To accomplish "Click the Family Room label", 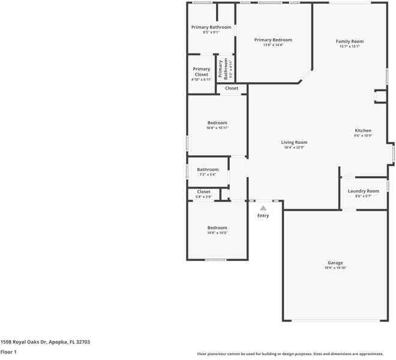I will [x=349, y=41].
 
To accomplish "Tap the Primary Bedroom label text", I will [x=272, y=40].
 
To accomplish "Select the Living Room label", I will [x=294, y=142].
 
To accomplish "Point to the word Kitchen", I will [x=363, y=130].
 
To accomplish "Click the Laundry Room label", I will [x=364, y=191].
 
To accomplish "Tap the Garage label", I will [x=335, y=263].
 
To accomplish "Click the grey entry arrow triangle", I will [x=263, y=208].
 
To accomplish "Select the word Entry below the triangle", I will [x=263, y=215].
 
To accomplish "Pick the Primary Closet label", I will [x=202, y=72].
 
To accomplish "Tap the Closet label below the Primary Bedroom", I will [x=232, y=88].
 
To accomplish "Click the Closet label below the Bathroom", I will [x=203, y=191].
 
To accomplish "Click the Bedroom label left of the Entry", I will [x=217, y=227].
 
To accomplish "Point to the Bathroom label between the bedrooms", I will [x=208, y=169].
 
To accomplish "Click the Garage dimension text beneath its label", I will [x=335, y=268].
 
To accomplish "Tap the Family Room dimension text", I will [x=349, y=46].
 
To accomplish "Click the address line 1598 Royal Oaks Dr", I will [x=45, y=341].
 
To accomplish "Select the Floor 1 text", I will [x=8, y=352].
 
